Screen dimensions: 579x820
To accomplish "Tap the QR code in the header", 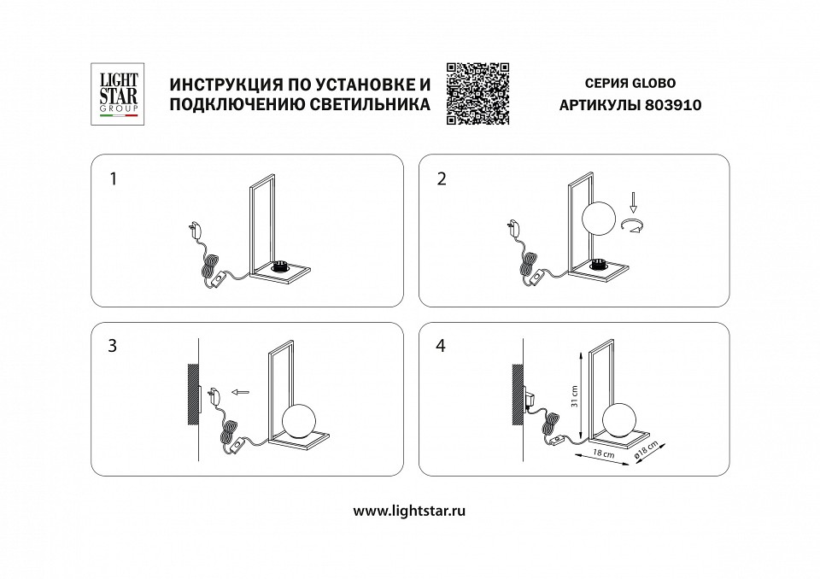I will tap(477, 94).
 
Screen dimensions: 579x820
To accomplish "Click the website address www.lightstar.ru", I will tap(409, 510).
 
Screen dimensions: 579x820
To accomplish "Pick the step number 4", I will tap(441, 347).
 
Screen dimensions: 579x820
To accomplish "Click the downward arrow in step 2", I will tap(633, 204).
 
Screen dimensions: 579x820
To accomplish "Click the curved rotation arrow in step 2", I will tap(633, 225).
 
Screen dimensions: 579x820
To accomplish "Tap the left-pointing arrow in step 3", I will tap(243, 394).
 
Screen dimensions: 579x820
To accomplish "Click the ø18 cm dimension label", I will tap(652, 453).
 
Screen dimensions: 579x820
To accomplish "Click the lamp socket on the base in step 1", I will tap(282, 268).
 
